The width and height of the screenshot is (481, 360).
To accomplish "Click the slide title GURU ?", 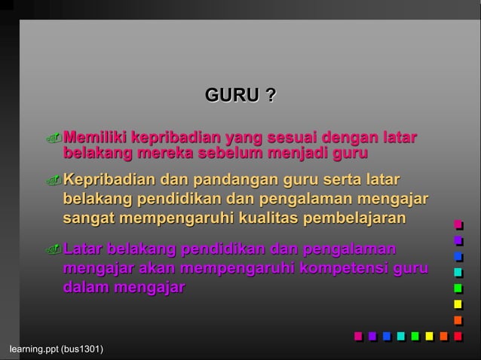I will click(x=240, y=96).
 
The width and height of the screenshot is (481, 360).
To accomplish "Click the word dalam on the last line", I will click(x=85, y=287).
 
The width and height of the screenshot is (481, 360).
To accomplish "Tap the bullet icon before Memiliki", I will click(x=52, y=139).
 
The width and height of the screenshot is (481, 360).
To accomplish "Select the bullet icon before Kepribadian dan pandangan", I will click(x=52, y=181).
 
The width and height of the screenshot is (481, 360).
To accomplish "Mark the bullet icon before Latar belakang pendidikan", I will click(x=52, y=250).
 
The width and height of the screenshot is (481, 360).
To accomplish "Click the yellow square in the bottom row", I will click(x=429, y=336).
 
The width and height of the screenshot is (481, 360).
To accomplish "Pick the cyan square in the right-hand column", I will click(x=458, y=272).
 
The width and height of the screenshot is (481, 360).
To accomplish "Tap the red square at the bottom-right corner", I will click(x=458, y=336).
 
